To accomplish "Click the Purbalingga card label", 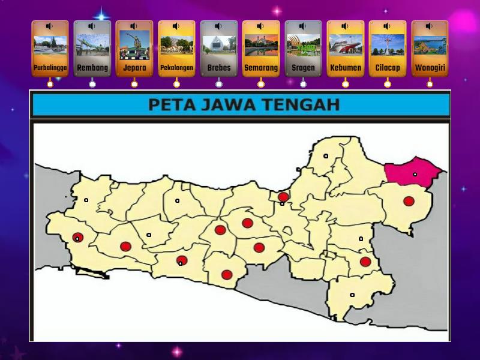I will point(50,68).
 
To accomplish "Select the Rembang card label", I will point(92,68).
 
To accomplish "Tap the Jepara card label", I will point(134,68).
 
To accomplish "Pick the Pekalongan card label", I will point(176,68).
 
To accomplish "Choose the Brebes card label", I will point(219,68).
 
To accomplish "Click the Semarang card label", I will point(261,68).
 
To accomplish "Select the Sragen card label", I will point(303,68).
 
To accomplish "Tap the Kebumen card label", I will point(346,68).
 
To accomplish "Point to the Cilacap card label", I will point(388,68).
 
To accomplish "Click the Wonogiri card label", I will point(430,68).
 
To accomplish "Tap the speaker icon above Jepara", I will point(134,26).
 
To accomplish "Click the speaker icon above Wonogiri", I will point(429,26).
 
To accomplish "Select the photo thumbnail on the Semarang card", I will point(261,46).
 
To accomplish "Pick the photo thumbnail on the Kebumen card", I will point(346,46).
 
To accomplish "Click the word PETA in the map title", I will point(169,105).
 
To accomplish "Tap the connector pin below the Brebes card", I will point(219,84).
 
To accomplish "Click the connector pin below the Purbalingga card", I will point(50,84).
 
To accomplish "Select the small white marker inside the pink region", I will point(415,175).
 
